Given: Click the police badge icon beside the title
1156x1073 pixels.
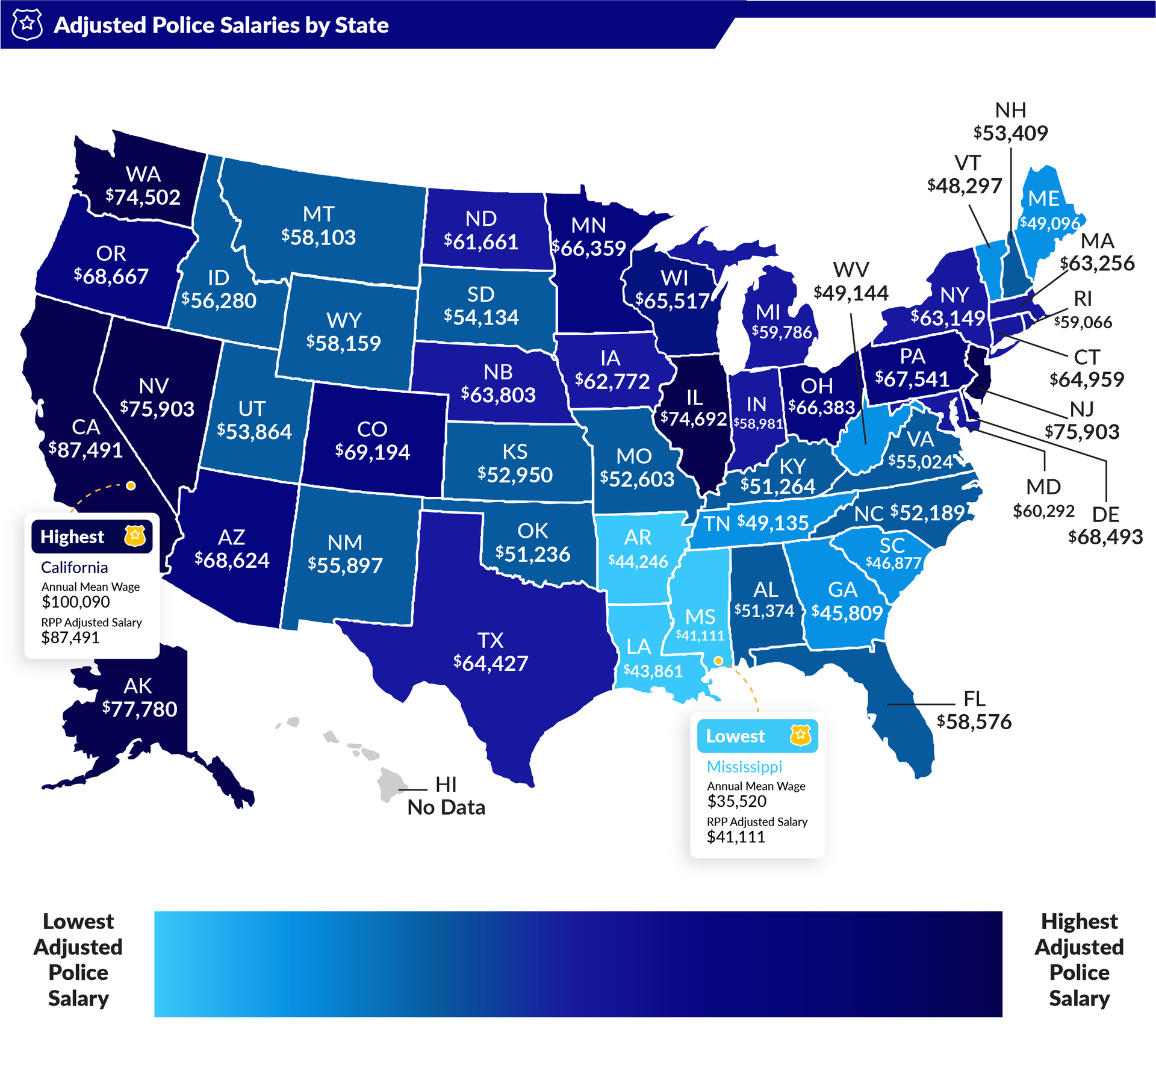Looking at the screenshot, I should point(27,25).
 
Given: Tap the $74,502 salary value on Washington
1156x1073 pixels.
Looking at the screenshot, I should point(143,197).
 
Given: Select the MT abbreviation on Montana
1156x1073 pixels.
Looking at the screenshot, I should point(319,214).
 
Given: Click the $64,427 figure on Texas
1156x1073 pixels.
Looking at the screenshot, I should point(491,663).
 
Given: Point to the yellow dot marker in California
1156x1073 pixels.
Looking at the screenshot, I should point(131,485).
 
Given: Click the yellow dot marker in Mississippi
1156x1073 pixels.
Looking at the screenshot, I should point(718,661).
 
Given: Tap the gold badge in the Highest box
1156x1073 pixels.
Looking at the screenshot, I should point(135,535).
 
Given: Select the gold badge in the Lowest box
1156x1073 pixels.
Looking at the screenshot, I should point(800,735).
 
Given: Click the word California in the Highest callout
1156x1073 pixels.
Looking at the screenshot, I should point(75,567).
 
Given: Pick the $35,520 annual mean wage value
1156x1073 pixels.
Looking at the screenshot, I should point(737,801).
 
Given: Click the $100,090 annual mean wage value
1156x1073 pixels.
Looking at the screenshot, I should point(76,602).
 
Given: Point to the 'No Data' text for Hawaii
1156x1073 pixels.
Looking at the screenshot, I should point(446,807).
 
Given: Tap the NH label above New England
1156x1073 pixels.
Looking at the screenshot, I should point(1010,110).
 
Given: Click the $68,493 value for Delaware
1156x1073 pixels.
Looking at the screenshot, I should point(1105,537).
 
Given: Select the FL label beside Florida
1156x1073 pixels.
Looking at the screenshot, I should point(974,698).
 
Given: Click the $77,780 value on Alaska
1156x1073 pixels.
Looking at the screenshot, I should point(140,709).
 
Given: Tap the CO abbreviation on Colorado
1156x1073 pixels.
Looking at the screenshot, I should point(372,429).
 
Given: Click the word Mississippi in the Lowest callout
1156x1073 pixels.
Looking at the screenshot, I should point(744,767).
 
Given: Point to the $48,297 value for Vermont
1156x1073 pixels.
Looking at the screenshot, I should point(965,186).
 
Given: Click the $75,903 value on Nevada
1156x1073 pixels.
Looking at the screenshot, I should point(157,409).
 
